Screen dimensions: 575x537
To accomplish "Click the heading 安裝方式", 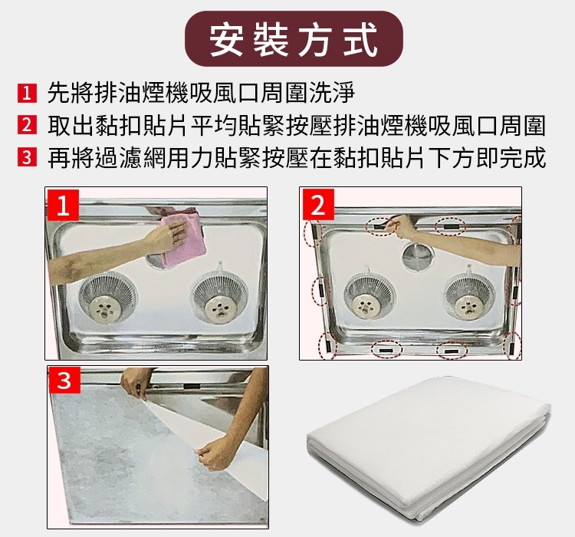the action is tap(294, 39).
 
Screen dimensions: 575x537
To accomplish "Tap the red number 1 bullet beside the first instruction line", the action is tap(27, 94).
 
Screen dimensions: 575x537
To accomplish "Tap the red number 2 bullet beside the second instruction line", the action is tap(27, 125).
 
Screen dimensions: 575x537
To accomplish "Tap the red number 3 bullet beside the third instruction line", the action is tap(27, 157).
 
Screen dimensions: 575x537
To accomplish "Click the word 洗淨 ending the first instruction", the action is tap(332, 93).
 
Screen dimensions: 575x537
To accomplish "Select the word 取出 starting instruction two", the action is tap(70, 125).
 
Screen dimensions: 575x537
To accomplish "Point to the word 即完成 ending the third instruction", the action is tap(512, 157).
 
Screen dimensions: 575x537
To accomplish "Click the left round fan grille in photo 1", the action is tap(108, 299).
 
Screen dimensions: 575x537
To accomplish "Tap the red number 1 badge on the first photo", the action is tap(63, 205).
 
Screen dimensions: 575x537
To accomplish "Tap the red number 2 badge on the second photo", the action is tap(317, 205).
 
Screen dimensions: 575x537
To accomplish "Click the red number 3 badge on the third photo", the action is tap(64, 380).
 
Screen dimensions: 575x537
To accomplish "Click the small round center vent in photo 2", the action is tap(418, 255).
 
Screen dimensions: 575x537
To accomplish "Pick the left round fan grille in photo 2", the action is tap(370, 297).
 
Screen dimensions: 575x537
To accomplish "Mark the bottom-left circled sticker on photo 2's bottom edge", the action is tap(386, 350).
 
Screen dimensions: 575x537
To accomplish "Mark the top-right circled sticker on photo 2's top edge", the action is tap(450, 226).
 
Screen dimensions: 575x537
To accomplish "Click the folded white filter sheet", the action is tap(429, 448).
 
